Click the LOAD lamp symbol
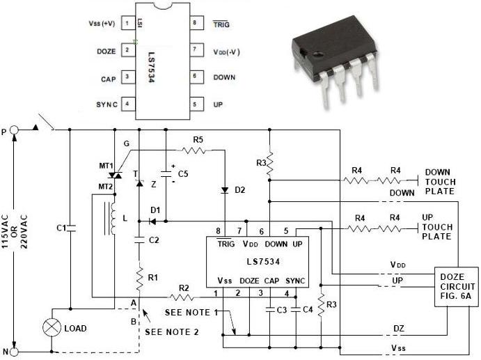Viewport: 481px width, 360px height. click(x=52, y=327)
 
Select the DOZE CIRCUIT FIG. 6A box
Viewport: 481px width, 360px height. click(x=455, y=285)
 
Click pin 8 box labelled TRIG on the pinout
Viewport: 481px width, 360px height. click(x=196, y=23)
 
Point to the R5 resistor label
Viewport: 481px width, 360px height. click(x=198, y=140)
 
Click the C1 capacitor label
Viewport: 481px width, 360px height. click(x=61, y=228)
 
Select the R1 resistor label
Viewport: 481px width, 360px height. click(x=152, y=277)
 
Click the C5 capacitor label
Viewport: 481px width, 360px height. click(x=183, y=173)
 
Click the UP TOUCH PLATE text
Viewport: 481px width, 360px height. click(x=437, y=227)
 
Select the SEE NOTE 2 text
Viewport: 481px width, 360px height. click(x=171, y=332)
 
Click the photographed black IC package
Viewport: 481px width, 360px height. click(x=335, y=70)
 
